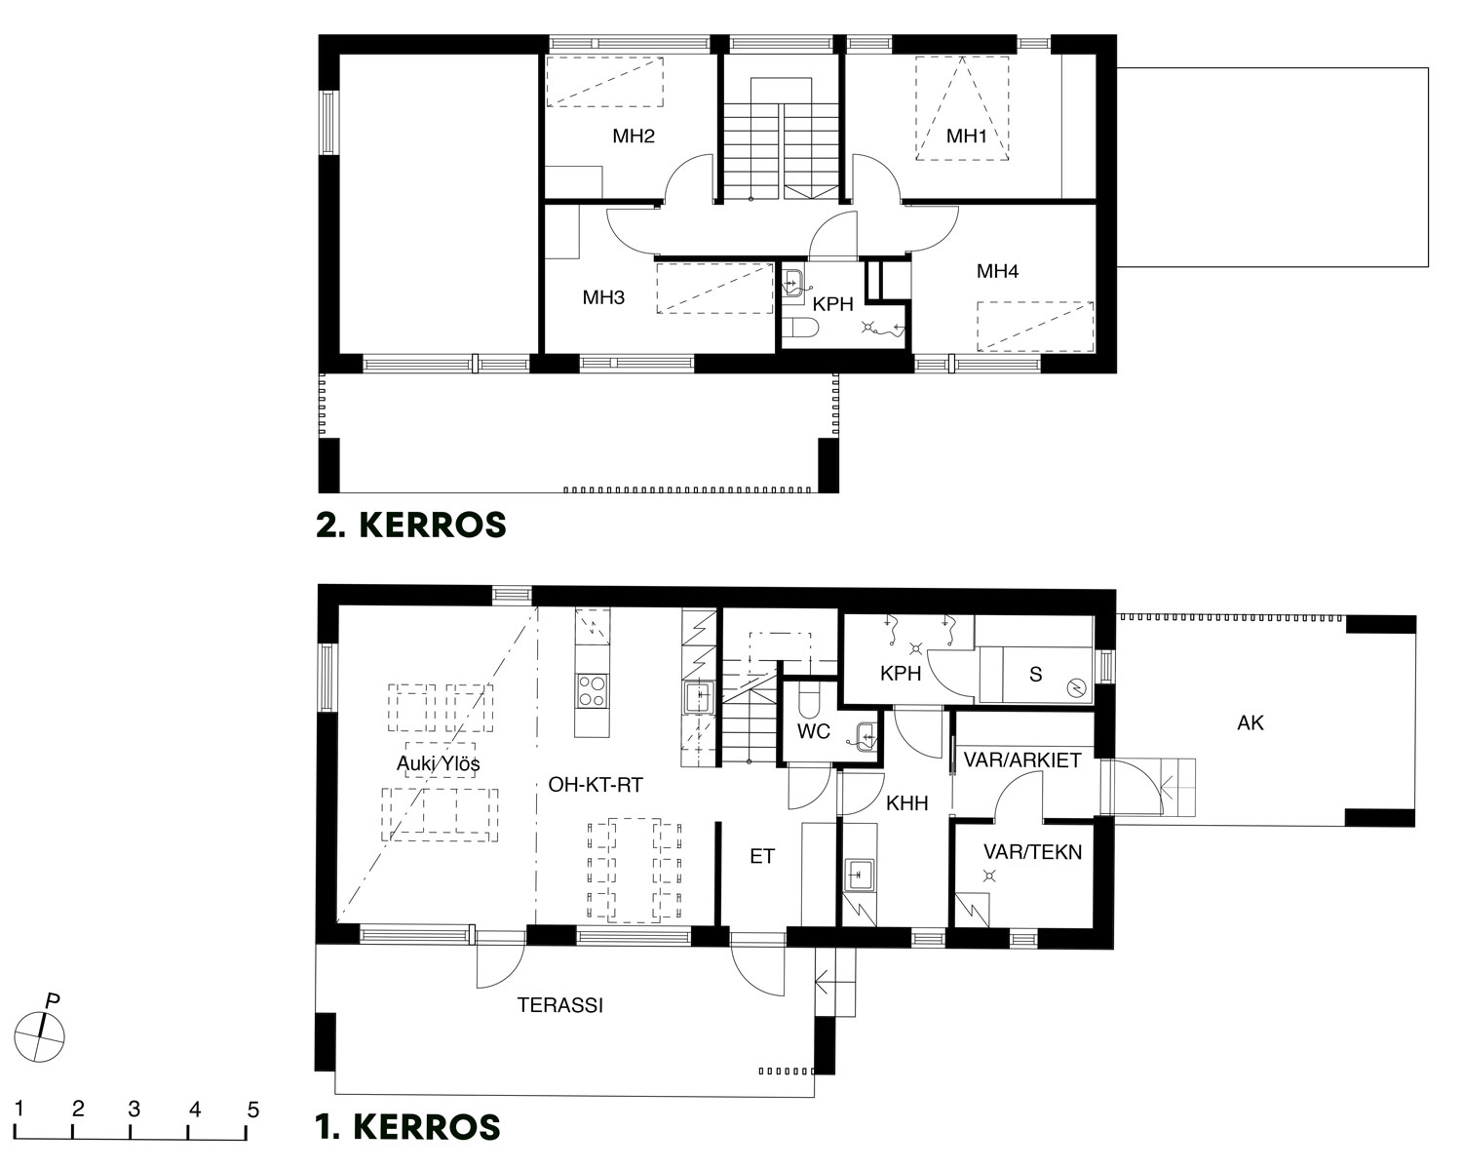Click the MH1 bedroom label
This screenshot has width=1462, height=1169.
(966, 136)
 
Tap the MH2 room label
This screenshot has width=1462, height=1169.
(634, 136)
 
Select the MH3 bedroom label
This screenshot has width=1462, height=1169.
(603, 297)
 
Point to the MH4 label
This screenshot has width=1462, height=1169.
(997, 271)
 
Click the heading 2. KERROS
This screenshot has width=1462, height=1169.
(411, 525)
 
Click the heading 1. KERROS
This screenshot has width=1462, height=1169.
(408, 1127)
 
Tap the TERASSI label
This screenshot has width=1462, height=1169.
(559, 1005)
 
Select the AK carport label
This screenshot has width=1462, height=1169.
(1250, 722)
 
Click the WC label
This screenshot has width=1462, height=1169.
(813, 731)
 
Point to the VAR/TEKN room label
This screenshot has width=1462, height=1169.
(1032, 851)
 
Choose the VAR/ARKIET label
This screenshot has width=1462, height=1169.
(1022, 760)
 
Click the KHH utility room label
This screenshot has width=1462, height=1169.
(907, 803)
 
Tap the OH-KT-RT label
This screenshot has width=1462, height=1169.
(596, 785)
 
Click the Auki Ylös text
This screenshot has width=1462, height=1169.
(439, 764)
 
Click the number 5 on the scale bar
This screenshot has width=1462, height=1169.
(252, 1110)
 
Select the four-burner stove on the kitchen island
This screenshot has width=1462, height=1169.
(592, 691)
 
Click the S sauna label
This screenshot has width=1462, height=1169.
(1035, 675)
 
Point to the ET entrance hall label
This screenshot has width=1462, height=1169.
(761, 856)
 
